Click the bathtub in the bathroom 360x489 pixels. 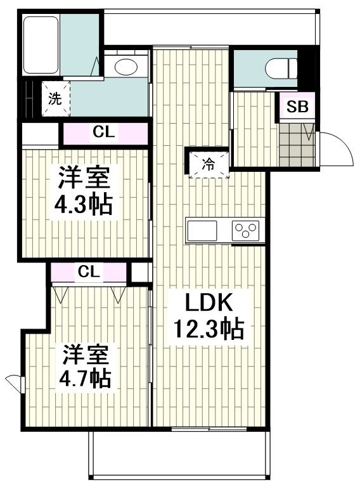coord(41,45)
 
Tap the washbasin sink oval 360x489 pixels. coord(126,67)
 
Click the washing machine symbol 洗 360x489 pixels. coord(56,99)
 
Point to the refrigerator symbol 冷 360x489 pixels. coord(209,165)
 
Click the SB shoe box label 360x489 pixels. coord(297,107)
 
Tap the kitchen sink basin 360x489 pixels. coord(202,230)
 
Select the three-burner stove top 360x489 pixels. coord(246,230)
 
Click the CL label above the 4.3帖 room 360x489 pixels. coord(104,133)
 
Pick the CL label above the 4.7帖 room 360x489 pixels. coord(89,272)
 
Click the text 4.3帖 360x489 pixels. coord(83,205)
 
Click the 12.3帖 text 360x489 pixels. coord(209,329)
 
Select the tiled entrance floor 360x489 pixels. coord(297,145)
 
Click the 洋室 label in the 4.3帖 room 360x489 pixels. coord(84,177)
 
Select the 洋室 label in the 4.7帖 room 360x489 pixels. coord(86,355)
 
